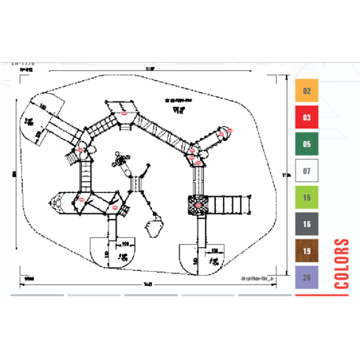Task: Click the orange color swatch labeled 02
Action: [306, 91]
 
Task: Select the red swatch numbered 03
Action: [306, 118]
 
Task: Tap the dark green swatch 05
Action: [306, 144]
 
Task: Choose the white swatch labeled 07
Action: [306, 171]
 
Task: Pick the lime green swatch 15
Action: [306, 198]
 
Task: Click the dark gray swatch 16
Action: [306, 225]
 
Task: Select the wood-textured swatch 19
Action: [306, 251]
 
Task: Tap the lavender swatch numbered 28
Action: [306, 278]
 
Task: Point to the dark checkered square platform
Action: [199, 205]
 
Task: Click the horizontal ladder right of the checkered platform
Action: [228, 205]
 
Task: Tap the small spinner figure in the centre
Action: [121, 161]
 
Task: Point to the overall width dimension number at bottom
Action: [147, 283]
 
